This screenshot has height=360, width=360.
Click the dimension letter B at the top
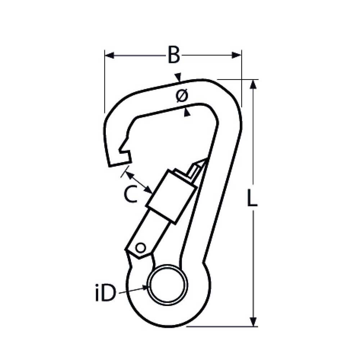174,55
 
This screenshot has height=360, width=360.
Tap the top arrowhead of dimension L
253,84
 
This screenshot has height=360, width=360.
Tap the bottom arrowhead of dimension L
253,321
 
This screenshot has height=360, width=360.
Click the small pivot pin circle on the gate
140,248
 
